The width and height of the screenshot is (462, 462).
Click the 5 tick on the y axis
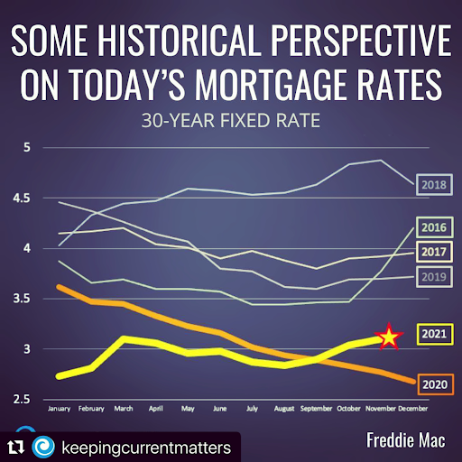(27, 147)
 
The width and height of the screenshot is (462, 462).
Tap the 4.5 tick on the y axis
(22, 198)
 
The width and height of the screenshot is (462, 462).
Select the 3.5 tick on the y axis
(22, 299)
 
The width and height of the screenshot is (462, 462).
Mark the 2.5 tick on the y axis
(22, 399)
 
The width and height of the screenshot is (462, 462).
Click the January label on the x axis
(60, 409)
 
